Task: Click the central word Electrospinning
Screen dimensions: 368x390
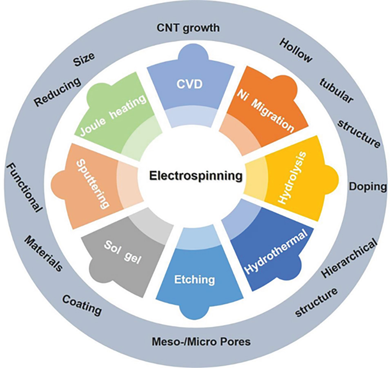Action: tap(195, 176)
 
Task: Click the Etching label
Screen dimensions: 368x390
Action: tap(194, 279)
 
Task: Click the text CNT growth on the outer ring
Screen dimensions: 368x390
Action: tap(188, 28)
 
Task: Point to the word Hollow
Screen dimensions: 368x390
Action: tap(296, 51)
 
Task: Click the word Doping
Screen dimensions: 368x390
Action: tap(367, 187)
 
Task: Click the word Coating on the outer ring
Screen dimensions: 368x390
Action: tap(82, 305)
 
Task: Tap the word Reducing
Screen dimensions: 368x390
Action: tap(57, 93)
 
